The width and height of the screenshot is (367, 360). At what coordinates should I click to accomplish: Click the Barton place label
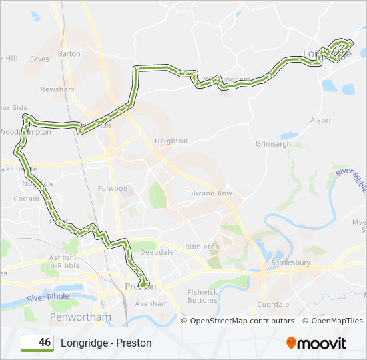click(69, 53)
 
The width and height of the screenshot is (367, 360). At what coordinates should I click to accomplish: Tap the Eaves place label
click(39, 59)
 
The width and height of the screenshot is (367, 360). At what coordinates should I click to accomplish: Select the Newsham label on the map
click(57, 89)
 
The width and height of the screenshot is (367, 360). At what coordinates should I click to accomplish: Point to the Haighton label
click(171, 141)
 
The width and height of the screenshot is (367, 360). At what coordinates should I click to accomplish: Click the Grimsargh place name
click(274, 143)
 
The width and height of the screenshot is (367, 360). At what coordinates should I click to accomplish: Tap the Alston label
click(322, 120)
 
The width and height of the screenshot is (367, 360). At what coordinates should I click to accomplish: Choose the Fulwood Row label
click(208, 193)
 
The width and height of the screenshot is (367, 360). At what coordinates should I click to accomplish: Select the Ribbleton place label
click(202, 247)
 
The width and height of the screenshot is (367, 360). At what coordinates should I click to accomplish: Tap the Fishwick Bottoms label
click(202, 296)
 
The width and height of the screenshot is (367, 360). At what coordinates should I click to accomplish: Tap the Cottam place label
click(27, 199)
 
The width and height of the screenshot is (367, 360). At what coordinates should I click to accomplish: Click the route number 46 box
click(37, 343)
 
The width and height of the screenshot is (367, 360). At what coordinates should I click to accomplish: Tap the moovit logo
click(316, 343)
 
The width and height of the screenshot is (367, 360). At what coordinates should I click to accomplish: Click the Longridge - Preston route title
click(106, 343)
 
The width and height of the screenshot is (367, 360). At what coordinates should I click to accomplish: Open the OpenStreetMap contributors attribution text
click(242, 321)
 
